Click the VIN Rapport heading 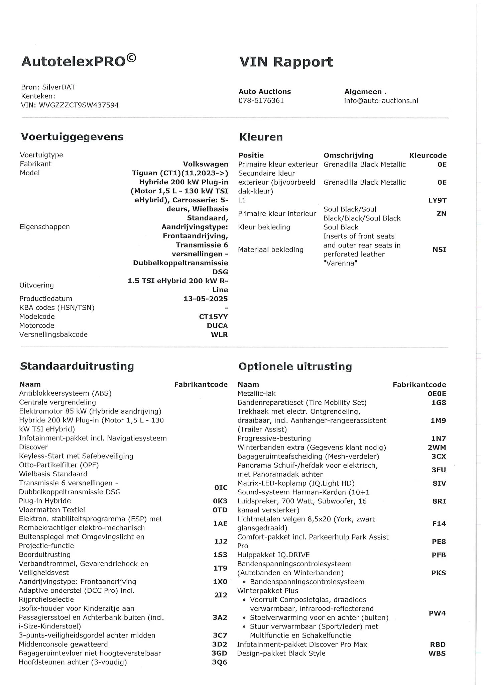(x=286, y=62)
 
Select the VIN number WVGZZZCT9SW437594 (x=79, y=105)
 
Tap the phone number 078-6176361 (x=261, y=101)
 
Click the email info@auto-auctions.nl (x=381, y=101)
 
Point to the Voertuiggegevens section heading (x=72, y=137)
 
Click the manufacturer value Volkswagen (x=206, y=164)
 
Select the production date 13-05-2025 (x=206, y=299)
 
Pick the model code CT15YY (x=213, y=316)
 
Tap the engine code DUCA (x=217, y=325)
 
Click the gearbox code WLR (x=219, y=334)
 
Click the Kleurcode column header (x=428, y=155)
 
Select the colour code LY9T (x=437, y=200)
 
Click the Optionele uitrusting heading (x=295, y=367)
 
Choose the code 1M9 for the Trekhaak (x=438, y=420)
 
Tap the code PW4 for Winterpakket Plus (x=437, y=613)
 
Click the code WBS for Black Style (x=437, y=653)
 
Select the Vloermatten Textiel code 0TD (x=220, y=510)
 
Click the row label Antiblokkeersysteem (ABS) (x=65, y=393)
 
